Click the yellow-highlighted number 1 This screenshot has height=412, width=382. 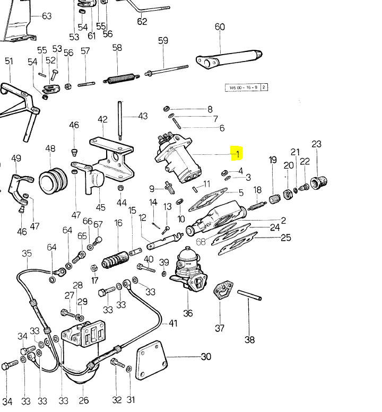click(x=238, y=154)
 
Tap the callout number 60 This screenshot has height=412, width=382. click(x=220, y=27)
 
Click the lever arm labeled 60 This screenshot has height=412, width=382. click(x=228, y=58)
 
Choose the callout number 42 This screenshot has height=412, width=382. click(x=102, y=120)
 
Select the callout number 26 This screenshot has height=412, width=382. click(x=83, y=400)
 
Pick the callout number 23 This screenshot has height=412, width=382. click(x=317, y=144)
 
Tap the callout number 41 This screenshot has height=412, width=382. click(x=173, y=323)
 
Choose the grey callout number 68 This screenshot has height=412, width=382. click(x=201, y=242)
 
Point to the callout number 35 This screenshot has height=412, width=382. click(x=27, y=253)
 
